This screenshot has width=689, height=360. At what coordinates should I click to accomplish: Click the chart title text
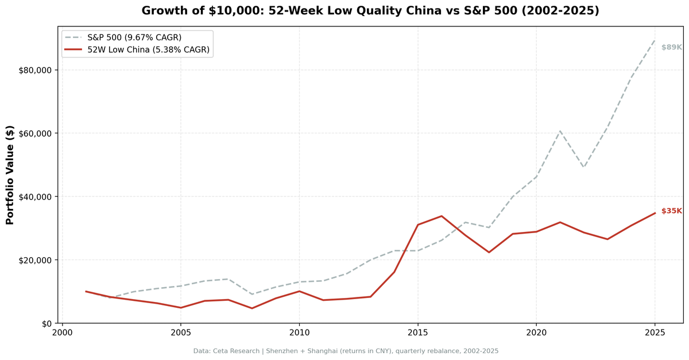point(370,11)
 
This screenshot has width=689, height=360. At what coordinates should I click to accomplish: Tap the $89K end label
point(671,47)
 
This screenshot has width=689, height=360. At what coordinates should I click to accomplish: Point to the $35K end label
point(671,211)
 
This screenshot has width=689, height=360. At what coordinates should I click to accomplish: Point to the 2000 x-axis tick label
point(63,332)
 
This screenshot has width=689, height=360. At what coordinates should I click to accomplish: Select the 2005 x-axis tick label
point(181,332)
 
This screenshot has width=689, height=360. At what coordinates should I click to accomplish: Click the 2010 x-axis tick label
point(299,332)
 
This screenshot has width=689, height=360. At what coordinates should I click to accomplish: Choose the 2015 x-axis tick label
point(418,332)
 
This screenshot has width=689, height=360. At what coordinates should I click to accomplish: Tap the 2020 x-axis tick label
point(536,332)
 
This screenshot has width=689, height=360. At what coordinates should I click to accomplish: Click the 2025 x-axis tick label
point(655,332)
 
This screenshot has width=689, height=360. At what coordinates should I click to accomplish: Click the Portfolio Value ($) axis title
point(10,175)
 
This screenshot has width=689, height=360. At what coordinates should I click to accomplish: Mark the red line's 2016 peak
point(442,216)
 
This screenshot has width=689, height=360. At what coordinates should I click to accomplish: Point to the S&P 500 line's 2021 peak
point(560,131)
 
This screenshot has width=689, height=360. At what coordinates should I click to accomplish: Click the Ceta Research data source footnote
point(346,350)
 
